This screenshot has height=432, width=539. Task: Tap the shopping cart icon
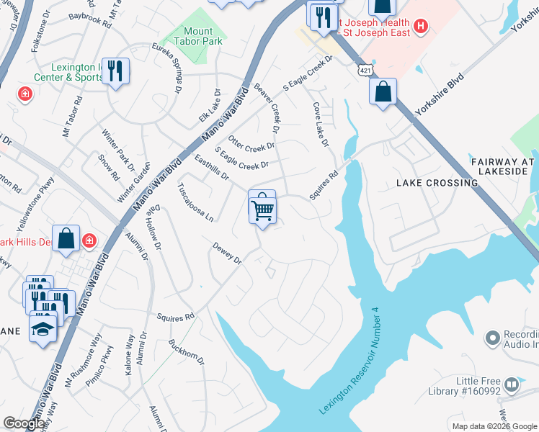(262, 208)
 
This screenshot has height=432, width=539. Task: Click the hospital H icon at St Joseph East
(422, 28)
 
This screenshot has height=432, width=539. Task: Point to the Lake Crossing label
(437, 183)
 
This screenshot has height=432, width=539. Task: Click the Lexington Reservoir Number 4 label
(349, 360)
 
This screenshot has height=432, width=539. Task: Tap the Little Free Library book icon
(512, 384)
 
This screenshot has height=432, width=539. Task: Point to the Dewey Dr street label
(226, 253)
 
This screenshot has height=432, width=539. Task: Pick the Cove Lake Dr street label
(320, 125)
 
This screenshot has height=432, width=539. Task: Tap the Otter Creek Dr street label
(251, 142)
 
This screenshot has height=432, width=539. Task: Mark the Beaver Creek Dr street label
(266, 108)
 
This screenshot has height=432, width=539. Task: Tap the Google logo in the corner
(24, 424)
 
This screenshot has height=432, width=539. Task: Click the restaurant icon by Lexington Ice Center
(115, 71)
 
